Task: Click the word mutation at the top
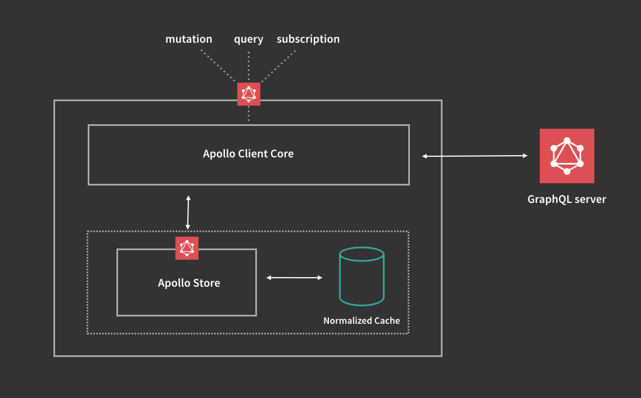coord(189,39)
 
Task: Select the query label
coord(249,39)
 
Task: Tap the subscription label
coord(308,39)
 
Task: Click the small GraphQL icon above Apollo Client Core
coord(249,94)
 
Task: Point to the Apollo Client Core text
coord(248,153)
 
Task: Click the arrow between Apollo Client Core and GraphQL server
coord(475,156)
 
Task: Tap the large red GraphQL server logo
coord(567,156)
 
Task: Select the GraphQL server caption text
coord(567,199)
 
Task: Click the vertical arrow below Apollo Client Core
coord(188,212)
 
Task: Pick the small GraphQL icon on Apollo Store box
coord(187,248)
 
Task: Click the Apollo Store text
coord(189,283)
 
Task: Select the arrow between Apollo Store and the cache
coord(294,278)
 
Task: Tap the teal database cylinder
coord(362,277)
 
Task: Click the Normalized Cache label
coord(362,320)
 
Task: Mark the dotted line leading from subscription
coord(278,67)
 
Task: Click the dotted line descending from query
coord(249,65)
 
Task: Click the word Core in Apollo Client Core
coord(282,153)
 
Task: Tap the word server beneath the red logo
coord(590,199)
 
